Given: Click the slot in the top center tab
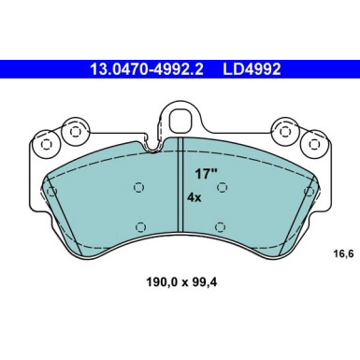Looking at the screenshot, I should click(x=179, y=121).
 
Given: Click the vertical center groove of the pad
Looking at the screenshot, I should click(x=179, y=196).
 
